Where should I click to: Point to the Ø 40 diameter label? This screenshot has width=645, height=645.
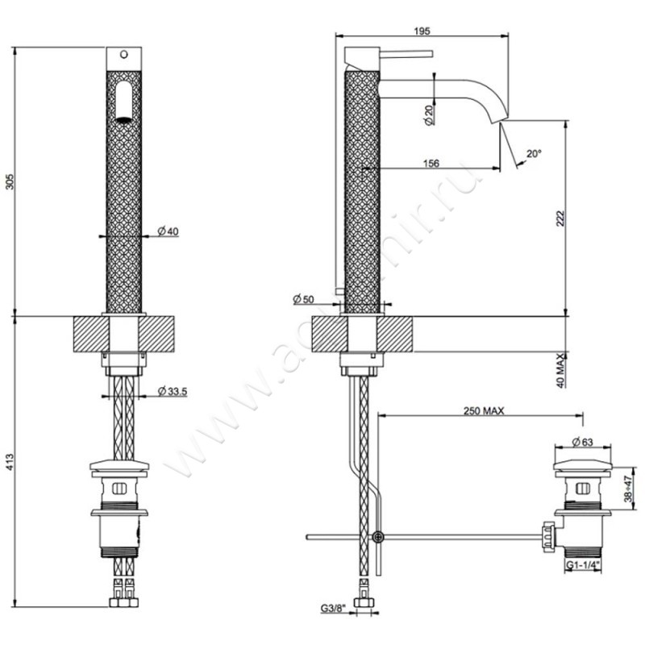[168, 231]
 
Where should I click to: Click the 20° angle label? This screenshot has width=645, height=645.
[534, 152]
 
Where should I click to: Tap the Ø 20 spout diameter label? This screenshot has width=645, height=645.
[428, 113]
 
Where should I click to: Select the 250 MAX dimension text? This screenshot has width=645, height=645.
[484, 410]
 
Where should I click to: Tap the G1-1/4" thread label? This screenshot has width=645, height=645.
[586, 566]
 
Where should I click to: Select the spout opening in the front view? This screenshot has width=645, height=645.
[123, 102]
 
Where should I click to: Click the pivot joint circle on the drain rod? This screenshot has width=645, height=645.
[378, 537]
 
